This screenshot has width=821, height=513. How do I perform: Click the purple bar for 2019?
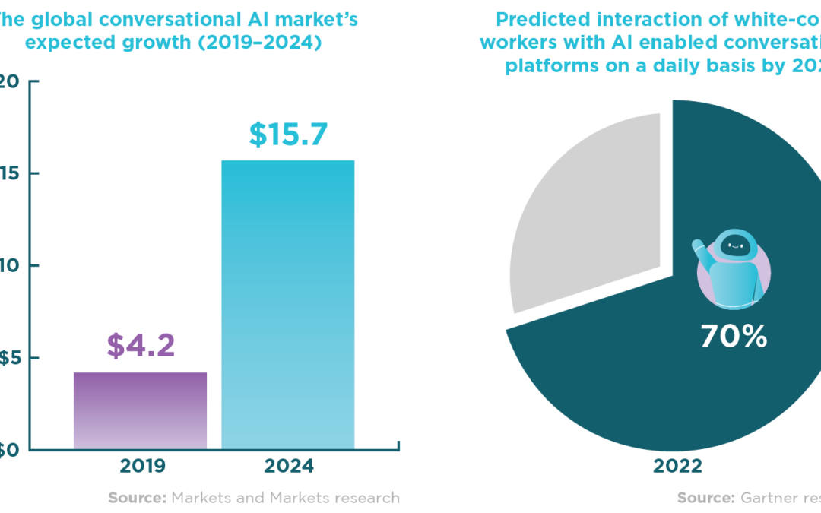(140, 410)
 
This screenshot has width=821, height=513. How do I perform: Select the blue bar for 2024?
(287, 304)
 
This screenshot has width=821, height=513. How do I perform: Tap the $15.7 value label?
(288, 135)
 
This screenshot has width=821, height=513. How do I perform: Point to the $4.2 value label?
(141, 345)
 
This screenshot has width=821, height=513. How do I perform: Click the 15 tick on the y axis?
(8, 174)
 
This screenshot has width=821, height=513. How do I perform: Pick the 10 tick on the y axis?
(8, 266)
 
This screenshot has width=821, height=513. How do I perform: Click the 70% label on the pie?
(733, 336)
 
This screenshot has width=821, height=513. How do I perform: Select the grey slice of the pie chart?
(578, 213)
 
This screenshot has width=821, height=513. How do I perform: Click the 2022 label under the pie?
(677, 466)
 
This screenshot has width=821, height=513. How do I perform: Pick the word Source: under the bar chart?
(137, 498)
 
